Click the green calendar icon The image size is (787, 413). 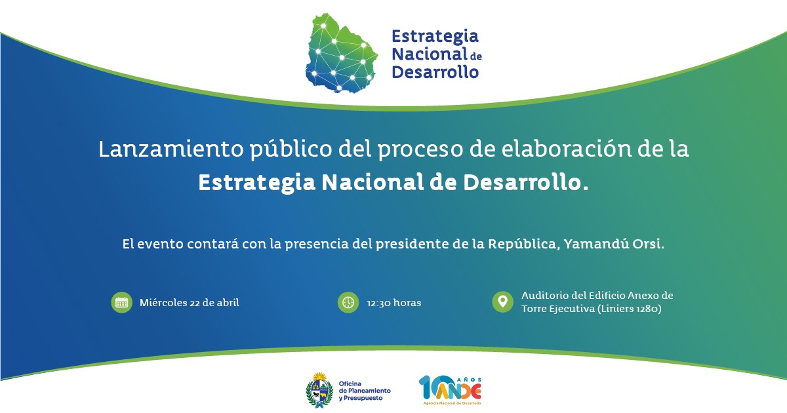(x=121, y=302)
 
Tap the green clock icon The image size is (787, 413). (x=348, y=302)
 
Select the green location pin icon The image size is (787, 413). (x=503, y=302)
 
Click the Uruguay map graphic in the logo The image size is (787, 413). (x=341, y=53)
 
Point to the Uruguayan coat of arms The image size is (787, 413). (x=319, y=390)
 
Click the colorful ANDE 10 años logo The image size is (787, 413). (x=451, y=390)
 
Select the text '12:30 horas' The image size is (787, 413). (x=394, y=303)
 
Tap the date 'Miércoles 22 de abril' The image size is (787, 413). (x=190, y=303)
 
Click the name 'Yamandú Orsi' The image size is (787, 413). (x=613, y=244)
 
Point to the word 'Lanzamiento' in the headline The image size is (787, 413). (x=171, y=149)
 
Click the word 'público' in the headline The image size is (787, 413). (x=291, y=149)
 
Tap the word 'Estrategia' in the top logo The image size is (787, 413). (x=435, y=37)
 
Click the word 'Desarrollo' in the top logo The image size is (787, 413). (x=435, y=72)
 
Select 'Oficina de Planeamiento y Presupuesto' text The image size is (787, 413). (x=365, y=391)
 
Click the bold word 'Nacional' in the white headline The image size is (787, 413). (x=373, y=183)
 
